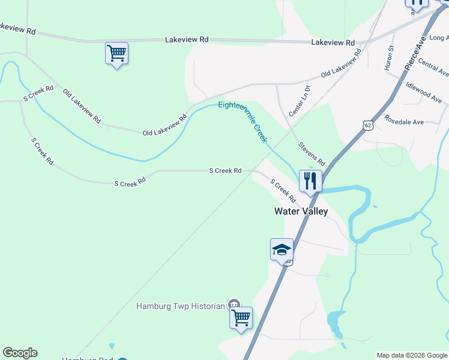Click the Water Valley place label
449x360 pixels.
coord(301,211)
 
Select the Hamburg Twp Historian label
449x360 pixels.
coord(180,306)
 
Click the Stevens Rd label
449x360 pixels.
coord(312,154)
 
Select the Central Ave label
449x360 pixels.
coord(433,68)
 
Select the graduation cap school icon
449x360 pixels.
coord(281,250)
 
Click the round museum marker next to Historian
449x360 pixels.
coord(234,305)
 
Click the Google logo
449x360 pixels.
coord(20,353)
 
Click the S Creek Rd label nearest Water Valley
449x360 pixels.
coord(283,190)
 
